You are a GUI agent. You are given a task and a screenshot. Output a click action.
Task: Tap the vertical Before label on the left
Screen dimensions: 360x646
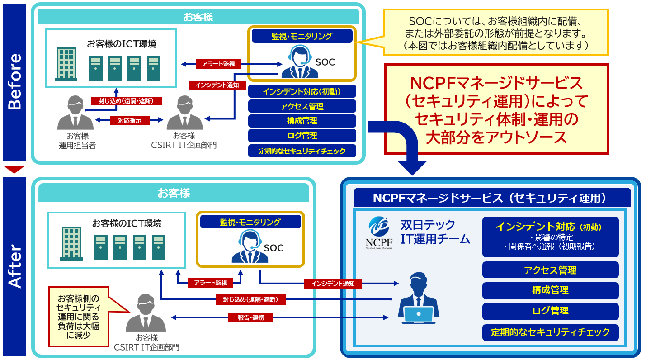pos(14,81)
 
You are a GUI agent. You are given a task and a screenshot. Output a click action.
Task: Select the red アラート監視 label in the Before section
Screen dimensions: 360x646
pos(219,64)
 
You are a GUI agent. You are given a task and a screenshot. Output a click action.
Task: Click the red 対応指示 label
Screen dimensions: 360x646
pos(130,120)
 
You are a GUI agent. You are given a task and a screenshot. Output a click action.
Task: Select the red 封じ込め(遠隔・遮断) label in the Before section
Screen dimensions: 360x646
pos(126,101)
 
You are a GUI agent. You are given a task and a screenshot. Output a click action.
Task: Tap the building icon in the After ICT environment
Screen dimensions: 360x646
pos(71,243)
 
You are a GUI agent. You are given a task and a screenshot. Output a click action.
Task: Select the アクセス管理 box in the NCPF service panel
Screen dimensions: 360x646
pos(550,270)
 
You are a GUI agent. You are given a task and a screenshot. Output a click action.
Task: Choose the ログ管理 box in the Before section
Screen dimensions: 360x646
pos(302,136)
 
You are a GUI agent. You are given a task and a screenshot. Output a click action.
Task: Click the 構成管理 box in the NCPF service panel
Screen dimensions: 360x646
pos(550,290)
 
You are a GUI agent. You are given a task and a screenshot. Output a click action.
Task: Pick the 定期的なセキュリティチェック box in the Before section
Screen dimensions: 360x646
pos(302,151)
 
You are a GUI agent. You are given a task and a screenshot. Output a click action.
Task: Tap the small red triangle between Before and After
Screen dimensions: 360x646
pos(14,170)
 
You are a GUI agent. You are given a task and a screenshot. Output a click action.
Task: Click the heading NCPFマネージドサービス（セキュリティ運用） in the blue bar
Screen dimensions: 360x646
pos(492,198)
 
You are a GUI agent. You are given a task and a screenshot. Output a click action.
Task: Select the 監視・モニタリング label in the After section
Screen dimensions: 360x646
pos(250,222)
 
